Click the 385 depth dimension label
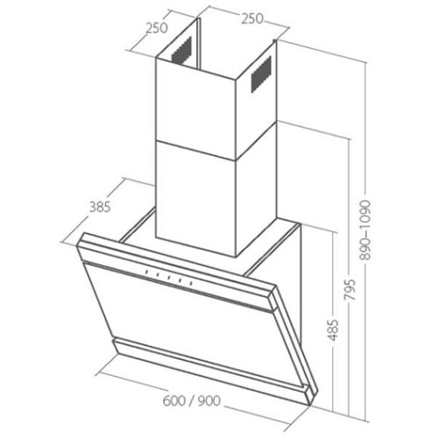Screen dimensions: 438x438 (100, 207)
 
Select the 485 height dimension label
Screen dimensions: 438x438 (333, 330)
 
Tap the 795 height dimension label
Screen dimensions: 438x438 (350, 290)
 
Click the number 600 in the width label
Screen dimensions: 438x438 (174, 400)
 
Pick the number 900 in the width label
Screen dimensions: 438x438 (209, 400)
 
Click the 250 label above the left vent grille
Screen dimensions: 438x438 (157, 28)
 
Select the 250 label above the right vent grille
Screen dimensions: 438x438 (252, 18)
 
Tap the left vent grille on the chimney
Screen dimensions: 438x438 (181, 50)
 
